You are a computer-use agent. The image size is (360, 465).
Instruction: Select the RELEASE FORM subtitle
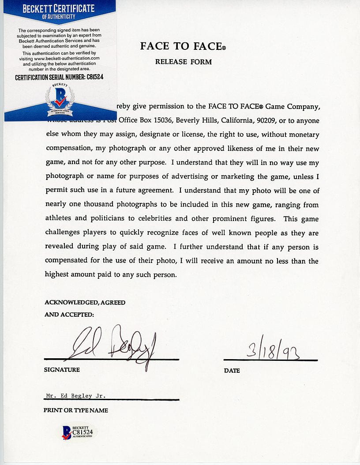click(183, 62)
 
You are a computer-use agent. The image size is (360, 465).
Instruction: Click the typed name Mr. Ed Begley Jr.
click(76, 396)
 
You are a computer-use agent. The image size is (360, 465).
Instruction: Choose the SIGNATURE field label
click(62, 370)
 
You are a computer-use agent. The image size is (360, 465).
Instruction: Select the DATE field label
click(232, 371)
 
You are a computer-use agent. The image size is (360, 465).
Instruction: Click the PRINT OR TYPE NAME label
click(75, 410)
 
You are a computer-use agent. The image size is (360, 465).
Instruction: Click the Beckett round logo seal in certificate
click(59, 97)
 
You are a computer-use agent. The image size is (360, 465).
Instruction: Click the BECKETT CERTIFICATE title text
click(59, 8)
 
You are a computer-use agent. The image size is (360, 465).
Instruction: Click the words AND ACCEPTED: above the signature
click(69, 315)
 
